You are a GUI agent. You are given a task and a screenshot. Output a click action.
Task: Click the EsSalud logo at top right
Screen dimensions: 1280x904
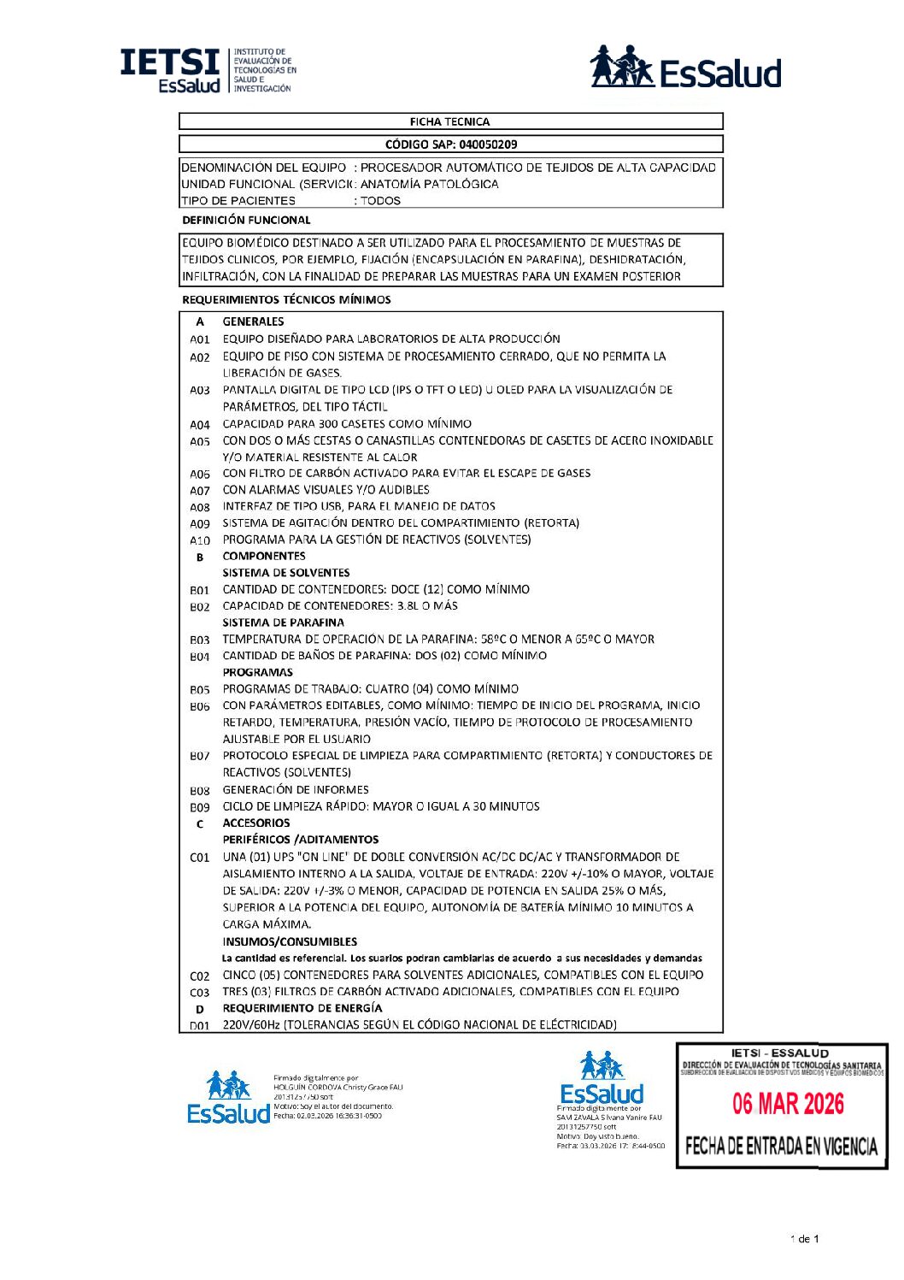click(685, 68)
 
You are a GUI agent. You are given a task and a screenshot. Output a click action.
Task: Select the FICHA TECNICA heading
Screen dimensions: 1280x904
click(449, 121)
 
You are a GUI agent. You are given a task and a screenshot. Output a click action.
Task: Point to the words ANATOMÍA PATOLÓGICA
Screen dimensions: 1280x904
click(429, 184)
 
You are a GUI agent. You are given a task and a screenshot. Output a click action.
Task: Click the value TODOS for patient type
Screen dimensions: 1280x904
click(380, 201)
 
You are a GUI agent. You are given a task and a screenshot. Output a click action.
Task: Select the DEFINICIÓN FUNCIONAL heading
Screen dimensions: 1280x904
click(246, 220)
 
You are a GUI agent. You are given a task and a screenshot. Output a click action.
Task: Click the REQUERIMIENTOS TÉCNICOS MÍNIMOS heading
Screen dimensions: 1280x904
click(286, 299)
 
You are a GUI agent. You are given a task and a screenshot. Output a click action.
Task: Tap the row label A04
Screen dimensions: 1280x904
click(200, 424)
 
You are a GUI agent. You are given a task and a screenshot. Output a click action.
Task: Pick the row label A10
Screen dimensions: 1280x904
click(200, 540)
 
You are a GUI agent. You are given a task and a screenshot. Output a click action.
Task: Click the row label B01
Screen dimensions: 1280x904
click(200, 590)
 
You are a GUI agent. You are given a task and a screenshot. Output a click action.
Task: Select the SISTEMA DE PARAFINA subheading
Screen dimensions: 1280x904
click(284, 622)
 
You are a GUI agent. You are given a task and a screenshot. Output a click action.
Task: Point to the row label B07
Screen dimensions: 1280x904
click(200, 756)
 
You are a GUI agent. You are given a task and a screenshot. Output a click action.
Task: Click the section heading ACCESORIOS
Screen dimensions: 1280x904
click(256, 823)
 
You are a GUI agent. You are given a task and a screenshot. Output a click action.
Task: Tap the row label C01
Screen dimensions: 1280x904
click(200, 857)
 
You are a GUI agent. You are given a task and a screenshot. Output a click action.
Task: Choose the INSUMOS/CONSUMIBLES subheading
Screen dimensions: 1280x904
click(290, 941)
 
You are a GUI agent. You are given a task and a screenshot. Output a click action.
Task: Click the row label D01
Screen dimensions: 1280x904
click(200, 1025)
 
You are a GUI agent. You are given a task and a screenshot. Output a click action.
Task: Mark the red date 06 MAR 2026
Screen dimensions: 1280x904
click(788, 1104)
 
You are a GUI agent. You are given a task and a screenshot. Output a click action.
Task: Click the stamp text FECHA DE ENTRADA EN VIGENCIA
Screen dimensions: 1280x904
click(781, 1146)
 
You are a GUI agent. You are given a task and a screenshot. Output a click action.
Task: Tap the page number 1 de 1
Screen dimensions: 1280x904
click(804, 1239)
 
